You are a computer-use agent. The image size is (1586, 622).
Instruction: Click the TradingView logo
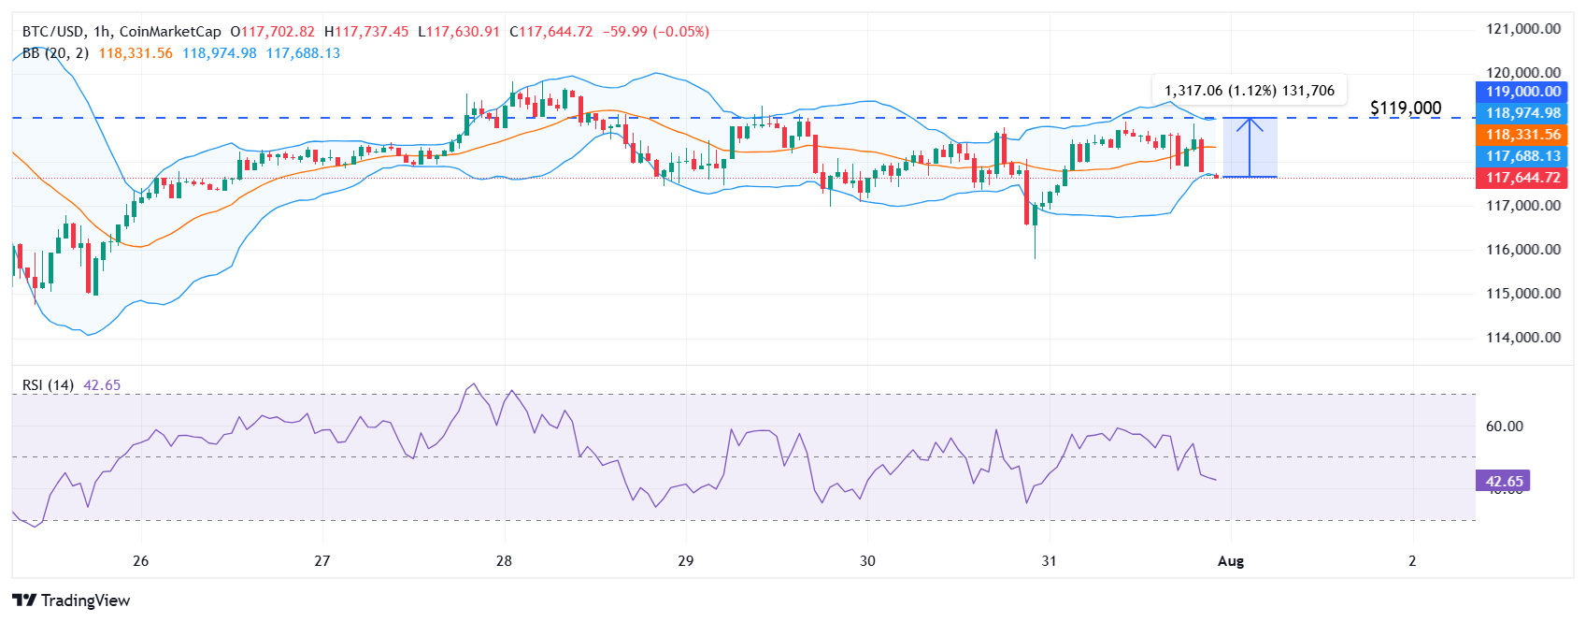coord(71,600)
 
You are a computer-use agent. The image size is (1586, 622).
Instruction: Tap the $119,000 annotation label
coord(1405,108)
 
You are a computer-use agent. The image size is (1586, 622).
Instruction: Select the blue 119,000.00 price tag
coord(1522,92)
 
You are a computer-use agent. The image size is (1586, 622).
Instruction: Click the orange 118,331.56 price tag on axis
coord(1522,135)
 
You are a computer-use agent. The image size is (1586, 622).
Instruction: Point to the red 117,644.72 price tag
coord(1522,178)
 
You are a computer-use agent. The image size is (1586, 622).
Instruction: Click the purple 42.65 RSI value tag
coord(1503,482)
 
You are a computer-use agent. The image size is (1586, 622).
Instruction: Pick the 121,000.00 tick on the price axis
coord(1523,29)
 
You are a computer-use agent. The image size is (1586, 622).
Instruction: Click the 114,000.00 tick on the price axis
coord(1523,338)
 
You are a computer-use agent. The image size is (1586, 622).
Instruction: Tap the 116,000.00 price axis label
coord(1523,250)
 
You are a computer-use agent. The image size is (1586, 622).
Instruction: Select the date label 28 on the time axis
coord(504,561)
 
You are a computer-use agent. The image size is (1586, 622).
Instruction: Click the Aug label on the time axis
coord(1231,561)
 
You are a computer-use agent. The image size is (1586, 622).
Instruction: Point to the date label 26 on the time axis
coord(140,561)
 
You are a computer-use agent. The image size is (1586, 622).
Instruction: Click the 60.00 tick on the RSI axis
coord(1504,427)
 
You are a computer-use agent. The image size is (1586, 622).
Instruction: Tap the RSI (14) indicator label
coord(48,385)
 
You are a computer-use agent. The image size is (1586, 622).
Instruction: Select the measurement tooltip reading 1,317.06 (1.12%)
coord(1249,91)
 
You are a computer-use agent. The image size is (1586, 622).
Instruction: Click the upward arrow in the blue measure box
coord(1250,146)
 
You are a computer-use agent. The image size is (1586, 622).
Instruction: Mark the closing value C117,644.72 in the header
coord(551,32)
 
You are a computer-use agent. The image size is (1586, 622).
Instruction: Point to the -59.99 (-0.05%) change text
coord(655,32)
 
